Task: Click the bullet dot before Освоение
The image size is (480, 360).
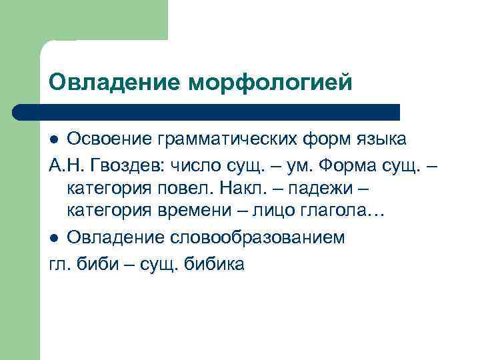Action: coord(55,140)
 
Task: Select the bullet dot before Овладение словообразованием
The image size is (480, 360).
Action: coord(55,238)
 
